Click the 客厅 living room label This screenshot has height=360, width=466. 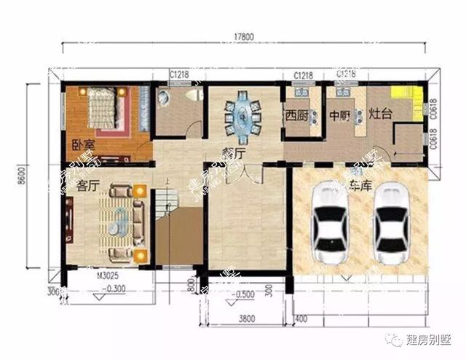[x=88, y=185]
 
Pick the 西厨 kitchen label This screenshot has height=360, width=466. [x=296, y=115]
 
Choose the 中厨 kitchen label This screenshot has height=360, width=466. [x=340, y=115]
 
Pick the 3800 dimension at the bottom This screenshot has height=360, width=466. [x=248, y=318]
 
